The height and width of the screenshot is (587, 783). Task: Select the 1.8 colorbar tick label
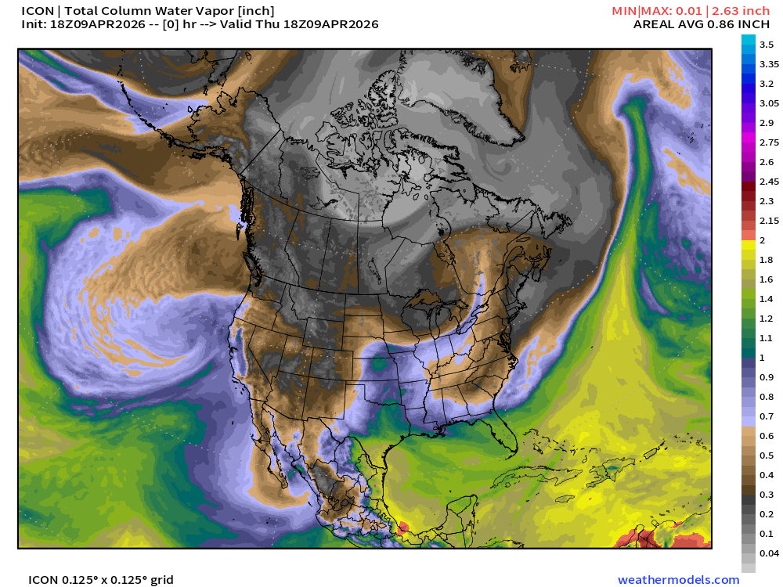coord(766,260)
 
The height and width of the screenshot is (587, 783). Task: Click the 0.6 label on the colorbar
coord(766,436)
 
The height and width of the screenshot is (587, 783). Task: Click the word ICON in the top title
coord(37,10)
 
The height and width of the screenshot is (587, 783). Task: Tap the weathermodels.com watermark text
coord(678,580)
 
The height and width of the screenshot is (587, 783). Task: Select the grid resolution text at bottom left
coord(101,580)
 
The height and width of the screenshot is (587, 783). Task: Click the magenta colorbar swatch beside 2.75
coord(749,142)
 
